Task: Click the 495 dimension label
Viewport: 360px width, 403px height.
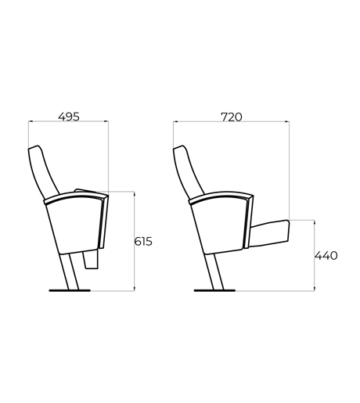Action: (x=69, y=117)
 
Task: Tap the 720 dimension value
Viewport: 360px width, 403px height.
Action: (x=232, y=117)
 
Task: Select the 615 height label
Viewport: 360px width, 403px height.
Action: (x=143, y=242)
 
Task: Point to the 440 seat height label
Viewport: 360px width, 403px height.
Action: (x=326, y=256)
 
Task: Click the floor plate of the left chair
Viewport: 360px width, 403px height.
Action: (x=70, y=290)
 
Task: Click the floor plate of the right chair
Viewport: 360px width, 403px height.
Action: (x=214, y=290)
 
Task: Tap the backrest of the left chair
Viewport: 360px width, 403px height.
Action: (x=43, y=171)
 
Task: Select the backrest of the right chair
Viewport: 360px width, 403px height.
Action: (x=189, y=171)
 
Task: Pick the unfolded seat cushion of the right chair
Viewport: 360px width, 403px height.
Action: (x=270, y=233)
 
